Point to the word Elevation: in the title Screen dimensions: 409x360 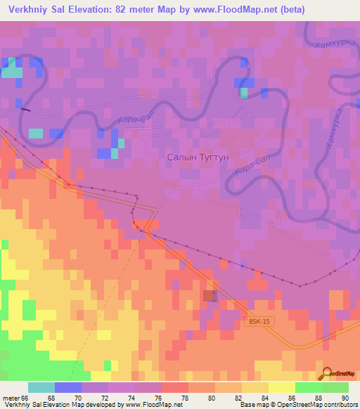pos(98,11)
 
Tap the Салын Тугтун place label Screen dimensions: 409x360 pos(199,158)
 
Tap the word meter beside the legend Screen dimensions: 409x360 pos(11,397)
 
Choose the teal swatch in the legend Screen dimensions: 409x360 pos(41,387)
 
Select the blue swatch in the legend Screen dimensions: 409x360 pos(68,387)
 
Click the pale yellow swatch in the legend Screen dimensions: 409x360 pos(282,387)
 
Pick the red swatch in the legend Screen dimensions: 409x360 pos(175,387)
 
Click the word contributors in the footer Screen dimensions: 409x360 pos(340,405)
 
